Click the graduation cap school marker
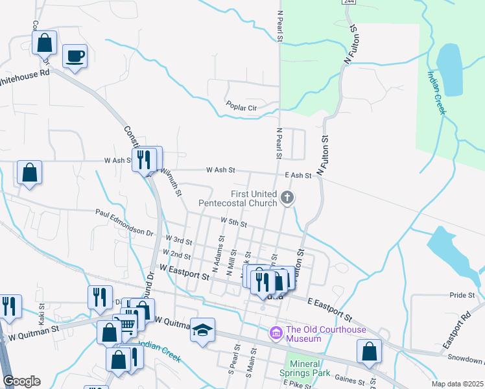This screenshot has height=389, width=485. point(203,330)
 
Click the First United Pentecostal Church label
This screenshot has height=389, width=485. point(255,198)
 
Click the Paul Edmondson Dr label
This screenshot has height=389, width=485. point(124,222)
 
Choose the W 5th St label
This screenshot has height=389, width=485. point(234,223)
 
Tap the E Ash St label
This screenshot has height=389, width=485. point(298,175)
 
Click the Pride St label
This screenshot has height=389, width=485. point(462,295)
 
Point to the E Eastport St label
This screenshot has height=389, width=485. point(330,311)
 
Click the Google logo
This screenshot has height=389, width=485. point(21,381)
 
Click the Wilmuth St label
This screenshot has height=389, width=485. point(170,182)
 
